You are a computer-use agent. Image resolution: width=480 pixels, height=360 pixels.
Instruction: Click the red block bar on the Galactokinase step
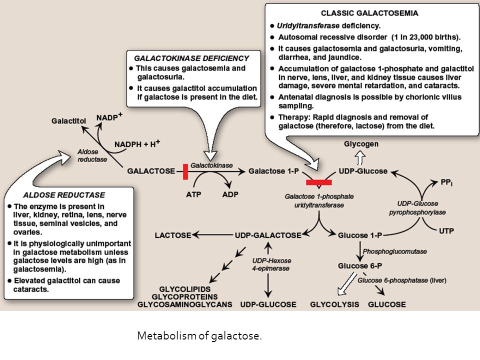[x=185, y=171]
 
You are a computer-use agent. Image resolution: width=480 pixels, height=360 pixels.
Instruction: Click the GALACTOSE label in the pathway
[x=151, y=171]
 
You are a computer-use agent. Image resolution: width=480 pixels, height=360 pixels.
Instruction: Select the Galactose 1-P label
[x=273, y=171]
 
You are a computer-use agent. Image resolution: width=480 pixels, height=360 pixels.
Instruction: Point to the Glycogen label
[x=361, y=143]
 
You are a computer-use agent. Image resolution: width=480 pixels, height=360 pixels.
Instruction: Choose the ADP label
[x=230, y=194]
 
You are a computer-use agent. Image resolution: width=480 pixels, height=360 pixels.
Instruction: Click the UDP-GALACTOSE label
[x=268, y=234]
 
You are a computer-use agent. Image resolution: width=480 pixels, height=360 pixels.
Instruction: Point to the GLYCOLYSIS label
[x=335, y=304]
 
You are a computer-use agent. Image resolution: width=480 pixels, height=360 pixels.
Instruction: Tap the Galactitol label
[x=68, y=120]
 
